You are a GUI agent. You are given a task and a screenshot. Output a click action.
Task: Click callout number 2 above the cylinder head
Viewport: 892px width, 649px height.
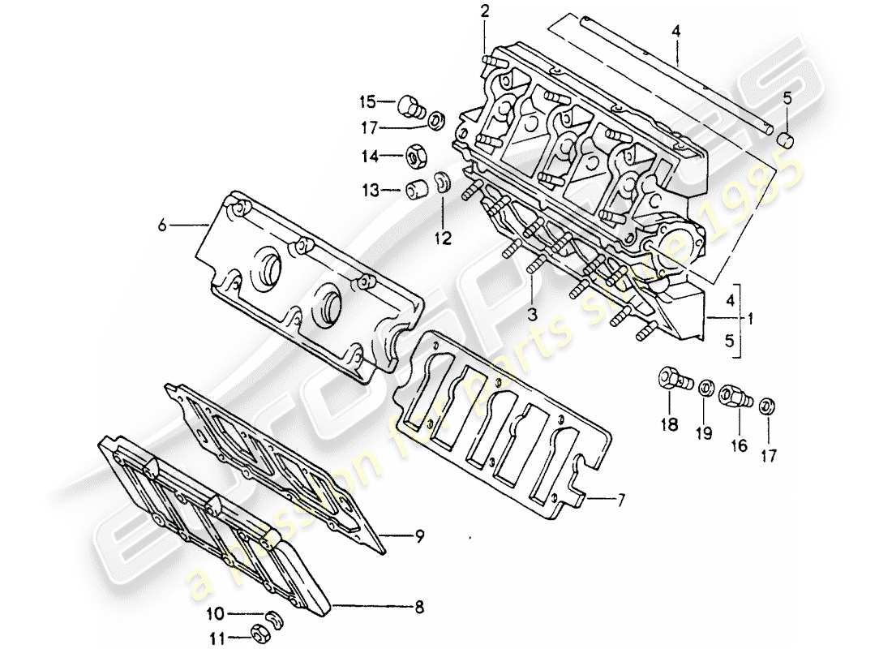485,11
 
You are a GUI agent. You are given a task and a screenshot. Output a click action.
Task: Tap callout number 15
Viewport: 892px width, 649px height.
368,102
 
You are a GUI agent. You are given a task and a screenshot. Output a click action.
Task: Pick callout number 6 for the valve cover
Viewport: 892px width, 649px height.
162,226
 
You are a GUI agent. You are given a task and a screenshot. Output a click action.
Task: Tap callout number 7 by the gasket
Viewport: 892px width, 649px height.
621,501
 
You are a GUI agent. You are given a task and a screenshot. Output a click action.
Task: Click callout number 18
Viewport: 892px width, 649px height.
669,425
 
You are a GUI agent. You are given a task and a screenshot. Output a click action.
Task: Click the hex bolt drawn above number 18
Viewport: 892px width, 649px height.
672,380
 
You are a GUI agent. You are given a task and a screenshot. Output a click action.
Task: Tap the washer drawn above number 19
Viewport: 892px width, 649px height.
705,385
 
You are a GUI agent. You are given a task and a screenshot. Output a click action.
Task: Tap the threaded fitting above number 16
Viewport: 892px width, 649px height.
734,395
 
